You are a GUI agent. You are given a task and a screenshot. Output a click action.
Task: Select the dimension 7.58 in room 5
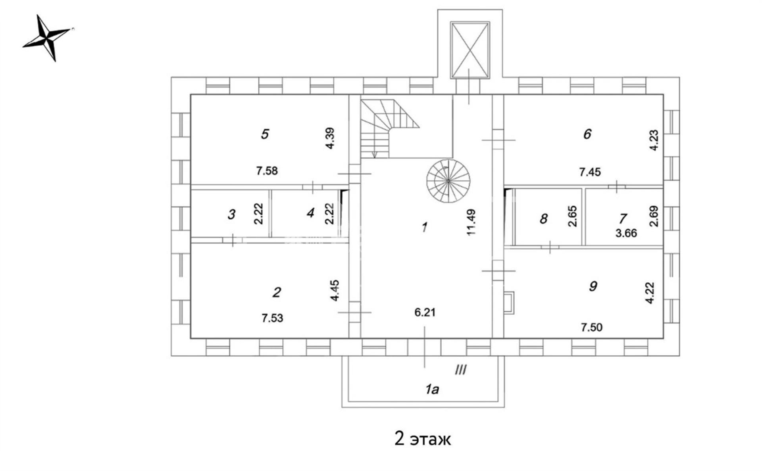click(x=267, y=171)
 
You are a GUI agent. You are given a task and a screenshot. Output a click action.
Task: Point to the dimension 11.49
click(x=471, y=222)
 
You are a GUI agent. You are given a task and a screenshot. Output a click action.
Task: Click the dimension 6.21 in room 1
click(x=425, y=313)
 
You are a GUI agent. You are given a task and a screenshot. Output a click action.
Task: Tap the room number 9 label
click(x=593, y=286)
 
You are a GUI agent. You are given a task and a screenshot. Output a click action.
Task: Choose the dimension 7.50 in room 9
click(x=591, y=327)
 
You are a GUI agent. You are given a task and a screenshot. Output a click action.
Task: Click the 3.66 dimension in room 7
click(x=626, y=233)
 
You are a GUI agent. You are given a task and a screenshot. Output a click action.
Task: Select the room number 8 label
click(x=544, y=219)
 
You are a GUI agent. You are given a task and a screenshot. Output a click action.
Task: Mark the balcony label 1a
click(x=432, y=390)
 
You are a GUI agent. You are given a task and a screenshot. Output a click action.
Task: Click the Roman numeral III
click(x=460, y=371)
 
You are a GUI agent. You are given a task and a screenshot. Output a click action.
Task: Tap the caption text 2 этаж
click(x=423, y=439)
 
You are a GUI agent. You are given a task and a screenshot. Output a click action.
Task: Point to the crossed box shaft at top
click(x=470, y=50)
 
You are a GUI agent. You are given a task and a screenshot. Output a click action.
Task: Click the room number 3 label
click(x=231, y=214)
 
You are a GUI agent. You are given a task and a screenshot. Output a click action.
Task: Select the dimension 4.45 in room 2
click(x=335, y=290)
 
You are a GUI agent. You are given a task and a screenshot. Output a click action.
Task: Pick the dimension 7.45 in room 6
click(x=590, y=172)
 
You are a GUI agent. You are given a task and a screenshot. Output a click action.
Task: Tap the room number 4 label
click(x=310, y=213)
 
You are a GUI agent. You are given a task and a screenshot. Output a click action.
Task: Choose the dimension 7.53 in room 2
click(x=272, y=318)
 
